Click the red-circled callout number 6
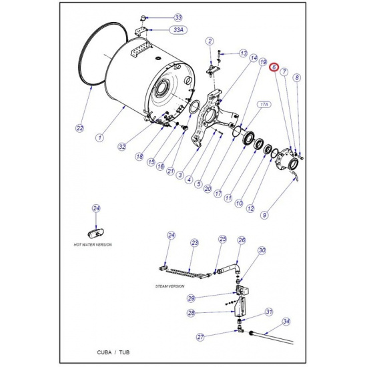(x=274, y=67)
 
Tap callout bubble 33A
(x=178, y=30)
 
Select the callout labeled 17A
(x=264, y=105)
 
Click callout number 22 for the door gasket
(x=80, y=128)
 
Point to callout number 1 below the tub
(x=100, y=137)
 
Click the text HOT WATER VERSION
(x=93, y=245)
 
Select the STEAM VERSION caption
(x=170, y=286)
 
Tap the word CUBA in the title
(x=104, y=352)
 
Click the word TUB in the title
(x=124, y=352)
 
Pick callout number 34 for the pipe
(x=286, y=322)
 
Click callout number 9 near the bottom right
(x=264, y=215)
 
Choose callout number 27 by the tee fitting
(x=200, y=337)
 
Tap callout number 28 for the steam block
(x=192, y=313)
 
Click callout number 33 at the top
(x=178, y=17)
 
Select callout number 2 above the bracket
(x=210, y=41)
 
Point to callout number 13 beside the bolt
(x=244, y=53)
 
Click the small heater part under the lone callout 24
(x=96, y=233)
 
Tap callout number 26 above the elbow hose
(x=242, y=240)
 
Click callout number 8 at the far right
(x=297, y=77)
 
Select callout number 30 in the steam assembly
(x=262, y=250)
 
